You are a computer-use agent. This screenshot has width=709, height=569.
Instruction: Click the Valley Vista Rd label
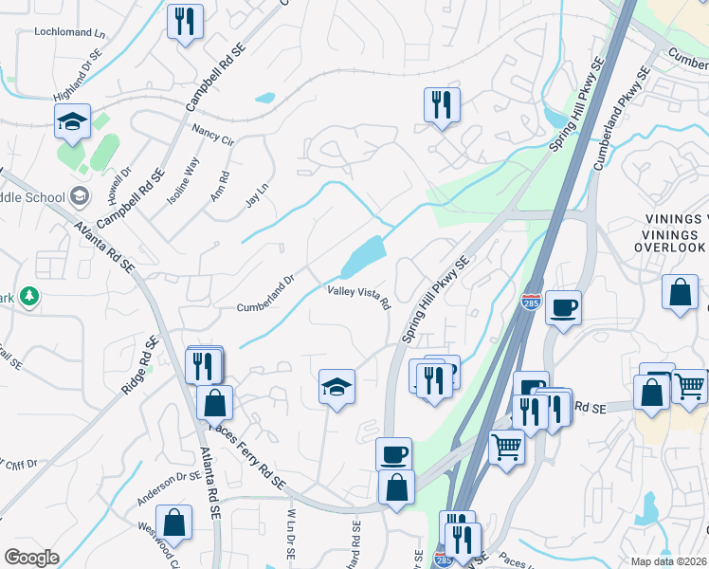[359, 297]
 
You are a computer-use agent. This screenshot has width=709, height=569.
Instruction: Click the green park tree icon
[30, 297]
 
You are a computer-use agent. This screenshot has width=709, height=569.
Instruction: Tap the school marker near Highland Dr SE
[72, 122]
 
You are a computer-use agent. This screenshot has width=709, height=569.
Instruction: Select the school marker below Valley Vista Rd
[336, 388]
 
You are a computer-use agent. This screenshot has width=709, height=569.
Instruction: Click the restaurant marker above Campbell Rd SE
[185, 21]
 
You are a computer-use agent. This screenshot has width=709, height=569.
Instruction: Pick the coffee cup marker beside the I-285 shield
[563, 308]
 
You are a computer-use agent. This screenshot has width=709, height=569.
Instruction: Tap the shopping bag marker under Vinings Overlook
[681, 293]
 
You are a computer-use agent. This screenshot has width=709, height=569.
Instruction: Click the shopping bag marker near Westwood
[174, 522]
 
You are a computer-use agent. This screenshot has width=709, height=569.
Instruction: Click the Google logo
[31, 558]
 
